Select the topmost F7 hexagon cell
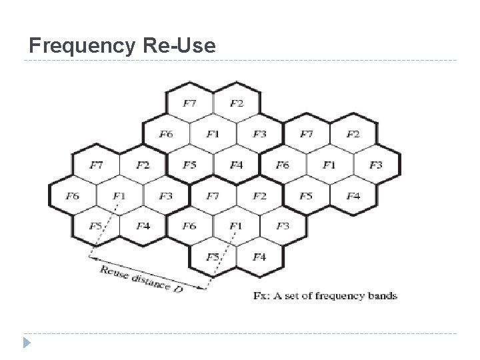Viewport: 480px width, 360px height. coord(189,103)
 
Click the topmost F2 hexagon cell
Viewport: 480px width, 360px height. coord(237,103)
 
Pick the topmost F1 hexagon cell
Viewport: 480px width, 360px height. coord(213,134)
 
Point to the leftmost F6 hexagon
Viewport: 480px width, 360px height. coord(73,195)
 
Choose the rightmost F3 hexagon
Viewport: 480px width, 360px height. coord(377,165)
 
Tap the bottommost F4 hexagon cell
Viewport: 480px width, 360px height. coord(260,257)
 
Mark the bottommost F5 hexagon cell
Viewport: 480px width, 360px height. coord(213,257)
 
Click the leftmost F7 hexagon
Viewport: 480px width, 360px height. coord(96,165)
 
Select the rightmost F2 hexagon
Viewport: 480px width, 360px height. coord(353,134)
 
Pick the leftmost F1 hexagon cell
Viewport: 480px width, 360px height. coord(119,195)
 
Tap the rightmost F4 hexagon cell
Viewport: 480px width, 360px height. coord(353,195)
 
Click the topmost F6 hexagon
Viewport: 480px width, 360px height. coord(166,134)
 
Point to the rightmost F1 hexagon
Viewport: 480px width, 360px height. coord(329,165)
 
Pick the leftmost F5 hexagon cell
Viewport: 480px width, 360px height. coord(96,226)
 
